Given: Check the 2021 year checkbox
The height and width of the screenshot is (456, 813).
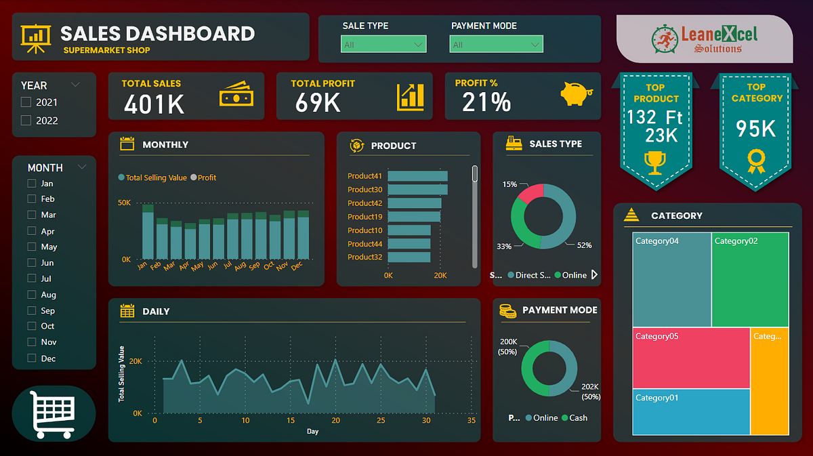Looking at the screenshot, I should (x=26, y=102).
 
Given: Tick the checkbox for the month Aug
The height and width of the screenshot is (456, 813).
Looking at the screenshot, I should (x=31, y=295).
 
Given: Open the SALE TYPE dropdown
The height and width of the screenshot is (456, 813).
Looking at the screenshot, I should (x=383, y=45).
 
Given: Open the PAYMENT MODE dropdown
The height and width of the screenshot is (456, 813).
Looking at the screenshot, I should (x=496, y=45).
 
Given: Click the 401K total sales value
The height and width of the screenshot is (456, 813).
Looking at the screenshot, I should (x=154, y=104).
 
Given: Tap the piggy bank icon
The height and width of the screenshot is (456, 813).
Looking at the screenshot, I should (x=577, y=94).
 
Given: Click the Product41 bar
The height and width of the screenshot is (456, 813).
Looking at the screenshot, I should (x=417, y=176).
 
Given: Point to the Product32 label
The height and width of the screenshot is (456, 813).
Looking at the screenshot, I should (x=365, y=257).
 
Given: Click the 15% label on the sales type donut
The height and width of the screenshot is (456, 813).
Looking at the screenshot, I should (x=509, y=184).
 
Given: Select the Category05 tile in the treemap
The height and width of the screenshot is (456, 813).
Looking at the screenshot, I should (x=691, y=358).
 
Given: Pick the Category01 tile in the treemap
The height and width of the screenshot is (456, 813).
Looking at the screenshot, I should (x=691, y=411).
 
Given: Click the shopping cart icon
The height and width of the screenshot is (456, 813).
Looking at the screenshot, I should (x=54, y=412).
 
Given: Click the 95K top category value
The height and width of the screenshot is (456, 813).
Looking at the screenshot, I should (x=756, y=129).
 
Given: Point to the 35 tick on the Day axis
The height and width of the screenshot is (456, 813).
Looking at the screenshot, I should (x=472, y=421).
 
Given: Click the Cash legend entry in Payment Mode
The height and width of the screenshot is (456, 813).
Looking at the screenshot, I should (x=574, y=418).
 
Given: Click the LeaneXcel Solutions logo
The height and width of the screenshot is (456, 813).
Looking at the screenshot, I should (x=705, y=39).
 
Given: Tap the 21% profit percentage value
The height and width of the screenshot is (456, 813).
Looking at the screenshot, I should (x=486, y=102).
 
